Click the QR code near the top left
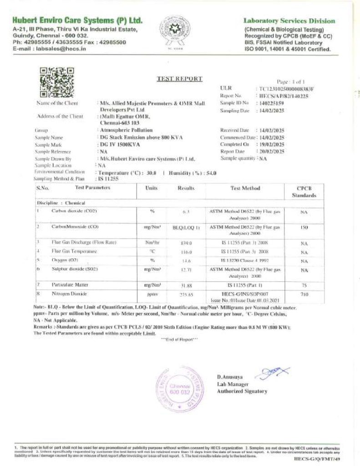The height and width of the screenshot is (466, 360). click(x=57, y=82)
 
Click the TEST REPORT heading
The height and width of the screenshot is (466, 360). click(x=179, y=79)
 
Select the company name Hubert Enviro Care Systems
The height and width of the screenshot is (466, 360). click(x=77, y=21)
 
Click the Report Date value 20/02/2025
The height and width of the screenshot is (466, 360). click(x=272, y=151)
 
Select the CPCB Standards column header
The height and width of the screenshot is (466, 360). click(x=304, y=192)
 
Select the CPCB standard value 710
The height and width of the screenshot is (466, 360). click(x=304, y=294)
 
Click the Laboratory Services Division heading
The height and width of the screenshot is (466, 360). click(x=289, y=21)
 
